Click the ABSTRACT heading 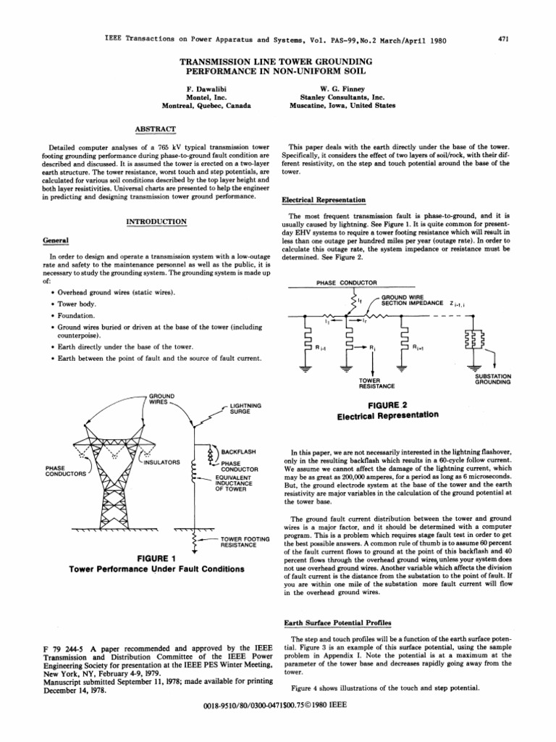156,128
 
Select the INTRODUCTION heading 156,220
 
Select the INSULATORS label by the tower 161,461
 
